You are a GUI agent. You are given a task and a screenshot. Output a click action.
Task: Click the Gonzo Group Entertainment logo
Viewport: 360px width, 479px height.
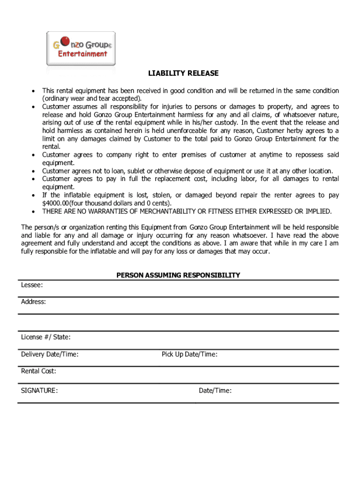tap(80, 49)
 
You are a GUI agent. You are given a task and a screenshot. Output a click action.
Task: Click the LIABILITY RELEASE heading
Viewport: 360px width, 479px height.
tap(183, 73)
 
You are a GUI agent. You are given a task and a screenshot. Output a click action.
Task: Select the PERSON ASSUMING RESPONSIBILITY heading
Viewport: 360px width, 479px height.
tap(178, 275)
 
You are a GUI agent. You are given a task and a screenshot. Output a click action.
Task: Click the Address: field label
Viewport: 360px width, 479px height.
tap(34, 302)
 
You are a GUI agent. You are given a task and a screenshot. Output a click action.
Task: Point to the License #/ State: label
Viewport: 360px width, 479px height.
tap(46, 337)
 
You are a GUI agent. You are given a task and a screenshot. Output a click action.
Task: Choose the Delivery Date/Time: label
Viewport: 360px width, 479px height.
tap(50, 354)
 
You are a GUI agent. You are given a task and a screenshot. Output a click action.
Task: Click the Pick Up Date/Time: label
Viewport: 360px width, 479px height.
tap(189, 354)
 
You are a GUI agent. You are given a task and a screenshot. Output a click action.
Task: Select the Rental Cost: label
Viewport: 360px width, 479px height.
tap(38, 371)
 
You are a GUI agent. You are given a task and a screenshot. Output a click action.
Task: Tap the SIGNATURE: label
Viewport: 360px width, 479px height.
tap(39, 391)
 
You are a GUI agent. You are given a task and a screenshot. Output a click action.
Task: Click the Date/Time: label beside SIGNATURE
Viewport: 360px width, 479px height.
tap(215, 391)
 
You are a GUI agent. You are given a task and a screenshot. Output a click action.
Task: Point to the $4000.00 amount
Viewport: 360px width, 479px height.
tap(56, 203)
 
